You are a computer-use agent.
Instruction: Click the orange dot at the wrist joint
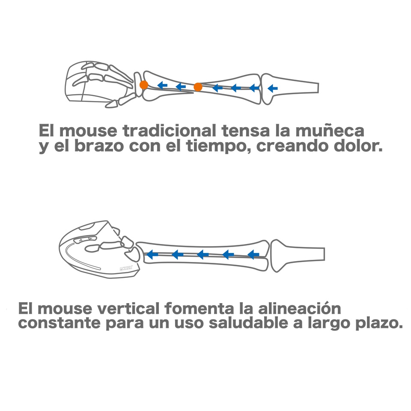[144, 85]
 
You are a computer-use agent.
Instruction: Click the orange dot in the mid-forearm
[198, 87]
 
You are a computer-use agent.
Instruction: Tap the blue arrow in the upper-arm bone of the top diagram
[273, 88]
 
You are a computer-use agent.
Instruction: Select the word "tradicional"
[169, 130]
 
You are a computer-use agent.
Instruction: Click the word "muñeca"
[330, 130]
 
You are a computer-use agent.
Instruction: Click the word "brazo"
[99, 146]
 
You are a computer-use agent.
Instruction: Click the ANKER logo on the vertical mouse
[126, 268]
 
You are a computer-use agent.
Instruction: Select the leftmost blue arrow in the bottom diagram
[152, 254]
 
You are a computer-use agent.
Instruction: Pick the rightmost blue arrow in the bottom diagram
[253, 254]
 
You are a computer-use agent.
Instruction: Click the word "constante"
[59, 323]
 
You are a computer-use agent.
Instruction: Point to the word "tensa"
[246, 130]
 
